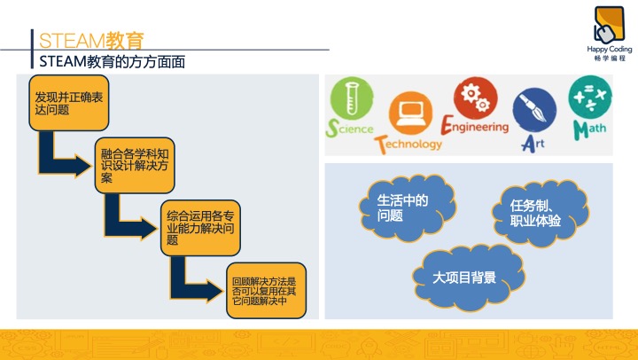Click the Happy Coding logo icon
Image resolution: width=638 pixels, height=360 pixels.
pos(609,25)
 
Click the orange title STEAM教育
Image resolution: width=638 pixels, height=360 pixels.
pos(91,40)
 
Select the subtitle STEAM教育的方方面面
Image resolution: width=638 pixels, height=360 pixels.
pos(112,61)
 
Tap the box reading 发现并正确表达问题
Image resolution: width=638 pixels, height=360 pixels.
pos(69,103)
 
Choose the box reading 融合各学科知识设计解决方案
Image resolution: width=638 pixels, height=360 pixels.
pos(135,165)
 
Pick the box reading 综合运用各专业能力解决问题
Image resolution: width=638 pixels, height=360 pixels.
pos(200,228)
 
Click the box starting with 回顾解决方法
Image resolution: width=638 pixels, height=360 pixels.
pos(267,290)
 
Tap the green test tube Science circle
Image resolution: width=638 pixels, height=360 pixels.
pos(352,98)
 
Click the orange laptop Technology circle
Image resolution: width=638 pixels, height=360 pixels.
pos(410,113)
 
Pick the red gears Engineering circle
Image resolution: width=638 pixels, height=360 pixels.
pos(476,98)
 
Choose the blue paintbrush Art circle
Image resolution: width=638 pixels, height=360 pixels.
pos(534,110)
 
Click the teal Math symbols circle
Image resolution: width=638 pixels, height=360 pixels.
pos(590,97)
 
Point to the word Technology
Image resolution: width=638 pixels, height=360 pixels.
pos(408,145)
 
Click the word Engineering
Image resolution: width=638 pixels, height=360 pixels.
pos(475,125)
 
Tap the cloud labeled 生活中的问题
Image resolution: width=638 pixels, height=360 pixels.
pos(407,207)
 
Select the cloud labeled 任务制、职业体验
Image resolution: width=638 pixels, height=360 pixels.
pos(541,213)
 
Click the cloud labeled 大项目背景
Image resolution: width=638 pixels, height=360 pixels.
pos(468,278)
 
